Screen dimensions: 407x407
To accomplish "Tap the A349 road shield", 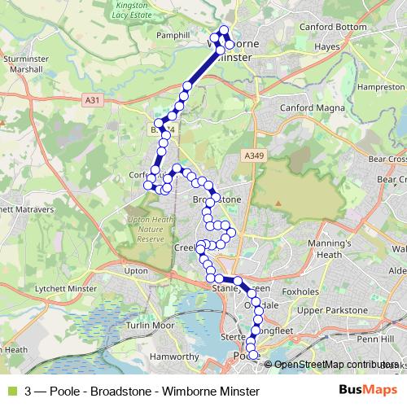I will pyautogui.click(x=252, y=154).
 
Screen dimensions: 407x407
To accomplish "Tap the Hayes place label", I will pyautogui.click(x=326, y=47).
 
